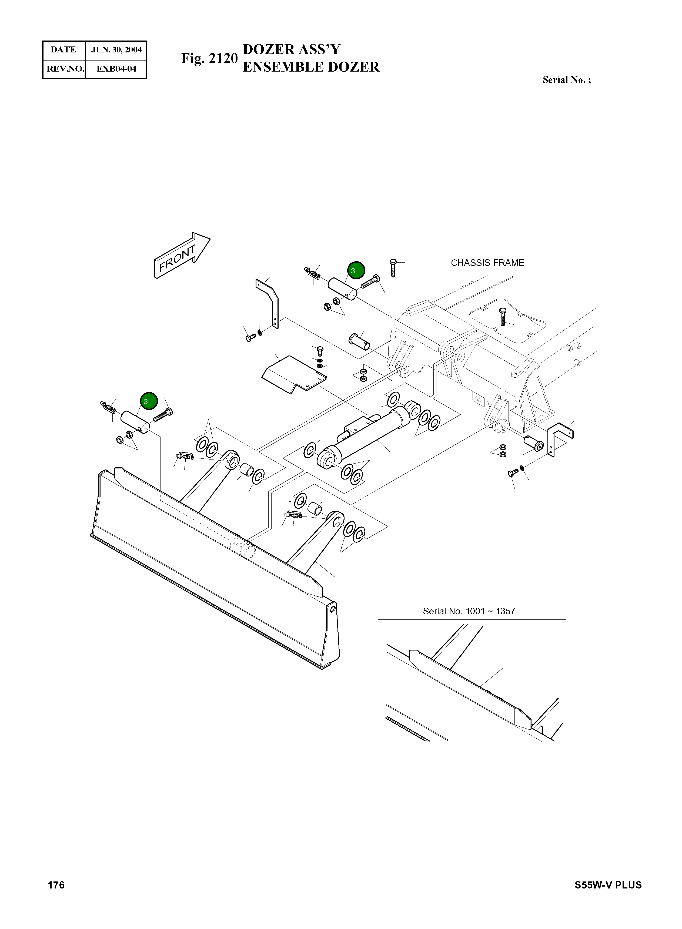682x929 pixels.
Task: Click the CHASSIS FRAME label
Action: click(487, 263)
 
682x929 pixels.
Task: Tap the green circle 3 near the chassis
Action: click(355, 270)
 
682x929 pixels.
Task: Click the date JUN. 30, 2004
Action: click(116, 50)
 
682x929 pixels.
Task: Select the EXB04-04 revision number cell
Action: click(116, 69)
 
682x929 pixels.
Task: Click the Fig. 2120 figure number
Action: click(209, 59)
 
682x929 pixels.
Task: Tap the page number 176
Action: click(56, 885)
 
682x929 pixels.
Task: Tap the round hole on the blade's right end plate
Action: click(333, 608)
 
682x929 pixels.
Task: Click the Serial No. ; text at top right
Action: click(566, 80)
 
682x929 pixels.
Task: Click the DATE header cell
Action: click(63, 50)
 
